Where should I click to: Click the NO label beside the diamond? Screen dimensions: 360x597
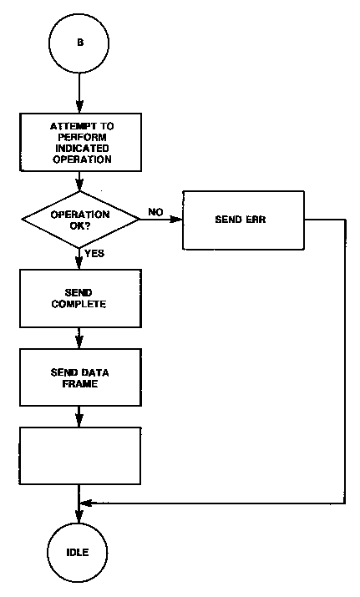coord(155,212)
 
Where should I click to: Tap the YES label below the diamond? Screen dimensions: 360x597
coord(94,253)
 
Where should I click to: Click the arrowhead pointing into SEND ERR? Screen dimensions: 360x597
coord(177,220)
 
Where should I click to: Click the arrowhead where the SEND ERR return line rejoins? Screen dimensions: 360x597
coord(86,503)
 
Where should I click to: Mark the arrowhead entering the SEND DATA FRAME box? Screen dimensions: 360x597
coord(79,342)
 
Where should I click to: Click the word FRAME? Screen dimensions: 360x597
coord(80,383)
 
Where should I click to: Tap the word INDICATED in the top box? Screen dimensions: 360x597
coord(82,148)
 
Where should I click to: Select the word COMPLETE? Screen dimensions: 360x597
coord(79,304)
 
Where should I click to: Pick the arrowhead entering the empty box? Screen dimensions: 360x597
coord(79,420)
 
